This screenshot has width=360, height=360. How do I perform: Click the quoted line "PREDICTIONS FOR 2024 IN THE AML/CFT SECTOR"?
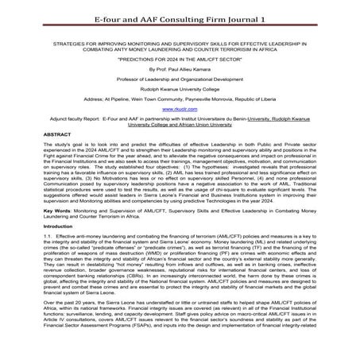coord(180,58)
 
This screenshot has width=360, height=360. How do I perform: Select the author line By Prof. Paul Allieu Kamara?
coord(180,70)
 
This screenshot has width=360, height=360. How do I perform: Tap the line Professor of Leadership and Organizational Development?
coord(180,81)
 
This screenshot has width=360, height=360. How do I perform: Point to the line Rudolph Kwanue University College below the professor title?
coord(180,92)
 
